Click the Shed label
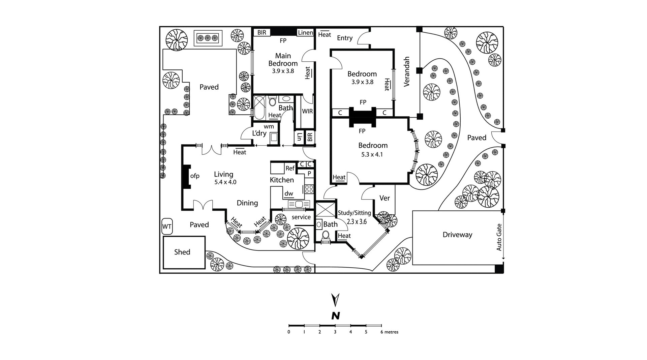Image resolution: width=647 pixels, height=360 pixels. (182, 252)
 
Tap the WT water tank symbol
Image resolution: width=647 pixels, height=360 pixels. (167, 227)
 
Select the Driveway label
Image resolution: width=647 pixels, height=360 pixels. (457, 235)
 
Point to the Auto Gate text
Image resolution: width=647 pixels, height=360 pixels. (499, 238)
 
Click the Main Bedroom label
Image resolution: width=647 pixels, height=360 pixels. (283, 59)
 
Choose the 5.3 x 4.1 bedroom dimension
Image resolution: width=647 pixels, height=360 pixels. (373, 155)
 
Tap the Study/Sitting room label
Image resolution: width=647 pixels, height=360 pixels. (354, 213)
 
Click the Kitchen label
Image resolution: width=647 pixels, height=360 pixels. (282, 180)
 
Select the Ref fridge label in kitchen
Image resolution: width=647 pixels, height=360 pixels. (290, 168)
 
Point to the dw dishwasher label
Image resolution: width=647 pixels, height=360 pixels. (289, 194)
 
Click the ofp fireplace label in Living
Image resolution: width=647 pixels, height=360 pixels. (195, 176)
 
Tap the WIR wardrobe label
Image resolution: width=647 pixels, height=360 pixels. (307, 111)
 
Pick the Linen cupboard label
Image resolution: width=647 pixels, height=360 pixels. (305, 33)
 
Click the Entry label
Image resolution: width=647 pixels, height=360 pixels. (345, 38)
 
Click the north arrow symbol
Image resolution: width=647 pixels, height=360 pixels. (335, 300)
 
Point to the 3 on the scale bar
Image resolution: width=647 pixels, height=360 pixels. (335, 332)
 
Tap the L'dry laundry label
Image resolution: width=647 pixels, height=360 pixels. (259, 133)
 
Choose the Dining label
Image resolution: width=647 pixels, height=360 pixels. (247, 203)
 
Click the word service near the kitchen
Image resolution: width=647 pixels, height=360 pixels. (301, 217)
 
